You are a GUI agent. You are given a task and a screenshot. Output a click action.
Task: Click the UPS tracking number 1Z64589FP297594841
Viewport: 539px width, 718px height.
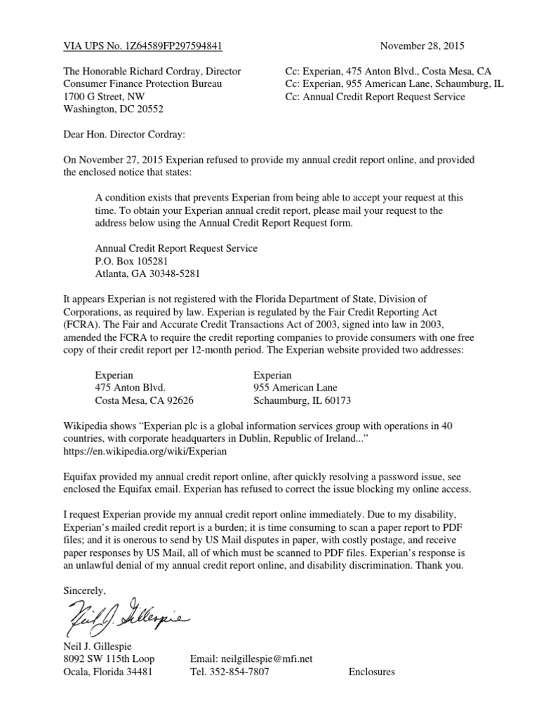(173, 47)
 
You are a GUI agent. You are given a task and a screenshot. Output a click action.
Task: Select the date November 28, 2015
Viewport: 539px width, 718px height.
(422, 47)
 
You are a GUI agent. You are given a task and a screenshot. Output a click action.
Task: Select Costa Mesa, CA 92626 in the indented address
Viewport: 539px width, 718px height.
(145, 401)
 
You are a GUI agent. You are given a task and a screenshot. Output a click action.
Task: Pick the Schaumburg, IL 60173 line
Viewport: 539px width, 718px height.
(301, 401)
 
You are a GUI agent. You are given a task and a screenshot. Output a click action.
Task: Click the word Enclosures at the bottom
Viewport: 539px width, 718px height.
(371, 672)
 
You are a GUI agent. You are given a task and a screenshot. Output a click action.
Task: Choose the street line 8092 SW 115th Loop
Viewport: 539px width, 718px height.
(109, 659)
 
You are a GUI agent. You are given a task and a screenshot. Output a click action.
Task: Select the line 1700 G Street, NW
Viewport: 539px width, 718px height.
(104, 97)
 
